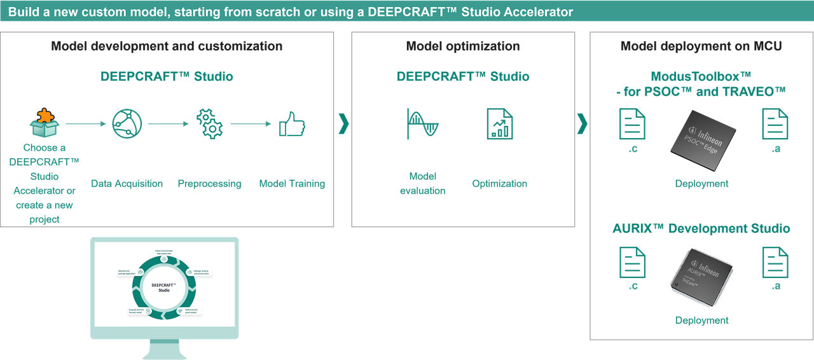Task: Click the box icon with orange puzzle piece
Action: (x=45, y=123)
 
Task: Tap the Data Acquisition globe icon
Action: (x=127, y=124)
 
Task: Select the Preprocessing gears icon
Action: (x=209, y=124)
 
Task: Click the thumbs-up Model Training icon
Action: (x=292, y=125)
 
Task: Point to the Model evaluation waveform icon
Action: (x=422, y=124)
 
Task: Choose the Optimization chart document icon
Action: (x=500, y=124)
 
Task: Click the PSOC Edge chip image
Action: (x=702, y=133)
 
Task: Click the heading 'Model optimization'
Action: (x=463, y=46)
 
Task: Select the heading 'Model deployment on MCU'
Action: (x=701, y=46)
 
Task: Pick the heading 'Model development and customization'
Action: (x=167, y=46)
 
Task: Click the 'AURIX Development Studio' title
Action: (x=701, y=228)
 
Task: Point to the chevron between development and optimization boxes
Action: (x=343, y=124)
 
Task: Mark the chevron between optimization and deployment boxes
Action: (x=582, y=124)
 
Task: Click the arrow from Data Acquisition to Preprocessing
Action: (x=169, y=124)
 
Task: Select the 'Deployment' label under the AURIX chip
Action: (x=702, y=320)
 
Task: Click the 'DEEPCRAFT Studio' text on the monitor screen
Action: (x=164, y=287)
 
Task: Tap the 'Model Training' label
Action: (x=292, y=184)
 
